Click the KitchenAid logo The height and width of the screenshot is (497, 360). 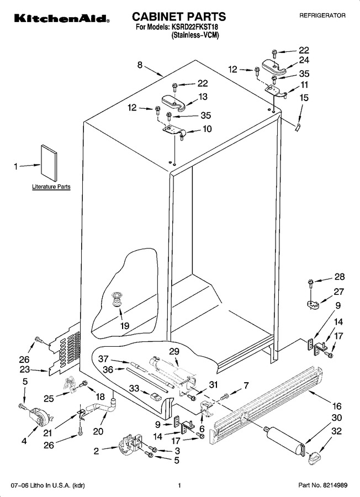click(x=62, y=18)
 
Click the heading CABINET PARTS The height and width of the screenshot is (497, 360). click(x=179, y=17)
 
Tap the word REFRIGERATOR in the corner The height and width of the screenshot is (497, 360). click(x=322, y=15)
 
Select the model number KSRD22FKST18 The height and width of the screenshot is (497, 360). click(x=195, y=27)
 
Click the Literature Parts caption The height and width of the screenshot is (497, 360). click(x=51, y=187)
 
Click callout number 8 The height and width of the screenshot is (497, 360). click(x=140, y=65)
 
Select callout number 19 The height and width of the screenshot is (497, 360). click(x=125, y=325)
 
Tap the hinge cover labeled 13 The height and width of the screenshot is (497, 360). click(x=174, y=103)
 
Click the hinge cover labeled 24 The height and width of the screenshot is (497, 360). click(x=274, y=66)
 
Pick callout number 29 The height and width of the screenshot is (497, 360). click(x=174, y=352)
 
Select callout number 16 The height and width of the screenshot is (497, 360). click(x=337, y=406)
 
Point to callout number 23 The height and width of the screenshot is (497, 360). click(x=24, y=369)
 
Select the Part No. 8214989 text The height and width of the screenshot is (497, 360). click(x=323, y=485)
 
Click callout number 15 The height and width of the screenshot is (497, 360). click(x=304, y=98)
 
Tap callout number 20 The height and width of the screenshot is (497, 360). click(x=98, y=431)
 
